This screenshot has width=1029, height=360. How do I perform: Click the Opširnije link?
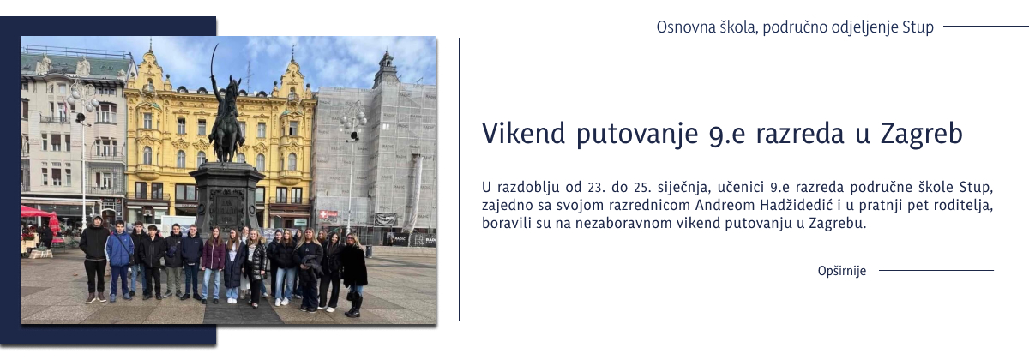tap(841, 271)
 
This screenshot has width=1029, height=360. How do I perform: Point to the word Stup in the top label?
tap(918, 27)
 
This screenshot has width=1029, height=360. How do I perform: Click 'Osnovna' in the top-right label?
tap(683, 27)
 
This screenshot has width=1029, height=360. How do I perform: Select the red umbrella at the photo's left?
tap(35, 212)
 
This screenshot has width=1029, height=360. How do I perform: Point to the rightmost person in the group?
tap(353, 273)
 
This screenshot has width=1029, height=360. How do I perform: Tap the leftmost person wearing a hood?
tap(94, 257)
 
